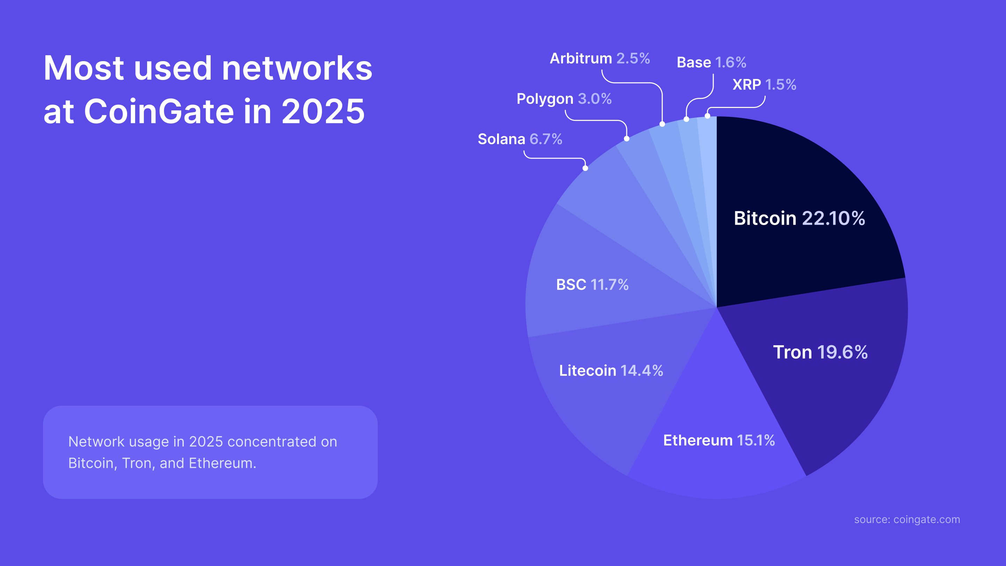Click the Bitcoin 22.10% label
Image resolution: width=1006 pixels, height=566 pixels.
coord(799,218)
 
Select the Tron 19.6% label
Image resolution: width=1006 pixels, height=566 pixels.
coord(820,352)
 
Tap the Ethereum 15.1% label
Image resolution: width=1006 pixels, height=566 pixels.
coord(719,440)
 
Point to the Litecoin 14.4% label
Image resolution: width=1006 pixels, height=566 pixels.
coord(611,370)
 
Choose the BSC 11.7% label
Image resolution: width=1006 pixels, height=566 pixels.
coord(592,284)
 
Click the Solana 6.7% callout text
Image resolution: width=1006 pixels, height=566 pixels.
coord(520,139)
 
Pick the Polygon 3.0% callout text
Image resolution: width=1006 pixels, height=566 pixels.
coord(564,99)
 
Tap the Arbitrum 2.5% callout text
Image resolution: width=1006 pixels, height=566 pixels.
coord(599,59)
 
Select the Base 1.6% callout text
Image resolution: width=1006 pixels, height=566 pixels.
coord(711,63)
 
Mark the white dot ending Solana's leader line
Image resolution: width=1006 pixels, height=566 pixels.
coord(585,168)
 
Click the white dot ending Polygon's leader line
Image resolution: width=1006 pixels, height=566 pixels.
coord(626,139)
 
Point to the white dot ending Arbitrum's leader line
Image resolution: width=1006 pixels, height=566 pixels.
coord(662,124)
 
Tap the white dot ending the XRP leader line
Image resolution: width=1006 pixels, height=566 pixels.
coord(707,116)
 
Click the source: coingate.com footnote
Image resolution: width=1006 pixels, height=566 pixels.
coord(907,520)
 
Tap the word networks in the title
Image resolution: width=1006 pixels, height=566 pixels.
coord(297,68)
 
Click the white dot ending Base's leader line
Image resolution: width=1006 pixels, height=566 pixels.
coord(686,119)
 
